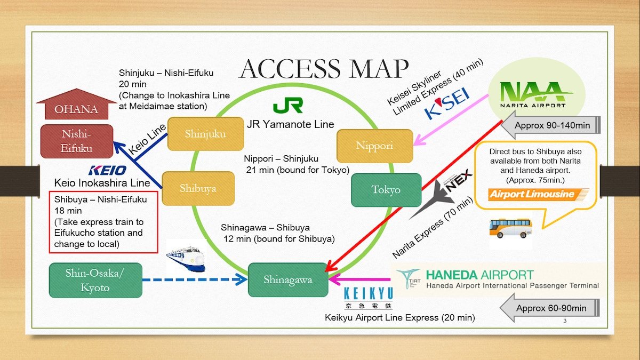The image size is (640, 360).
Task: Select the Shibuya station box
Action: [x=198, y=188]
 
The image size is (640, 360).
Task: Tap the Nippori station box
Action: [x=375, y=146]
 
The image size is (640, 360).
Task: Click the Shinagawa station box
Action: [x=287, y=279]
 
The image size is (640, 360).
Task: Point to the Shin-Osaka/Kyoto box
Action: [x=95, y=280]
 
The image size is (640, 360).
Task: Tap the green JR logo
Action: [x=288, y=105]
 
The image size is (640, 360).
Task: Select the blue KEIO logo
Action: [x=107, y=171]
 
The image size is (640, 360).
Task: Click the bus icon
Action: [x=511, y=228]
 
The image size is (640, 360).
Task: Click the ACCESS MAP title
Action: [x=323, y=68]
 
